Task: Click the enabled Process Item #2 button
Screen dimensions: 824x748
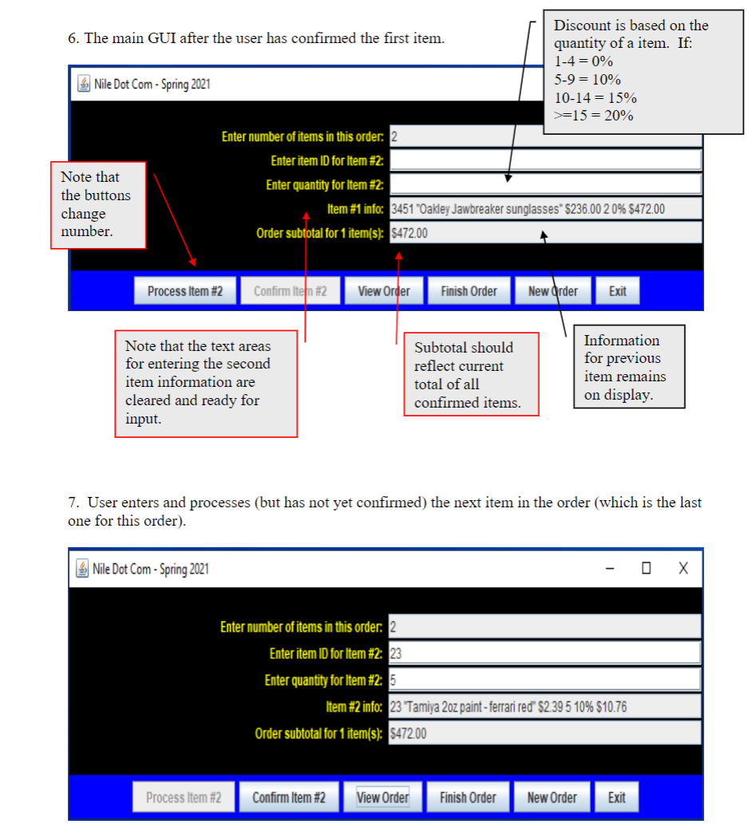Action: pos(185,291)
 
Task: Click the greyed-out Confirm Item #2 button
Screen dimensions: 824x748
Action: pos(290,291)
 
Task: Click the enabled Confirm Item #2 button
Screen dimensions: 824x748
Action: pos(289,798)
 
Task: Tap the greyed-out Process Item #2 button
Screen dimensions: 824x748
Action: pos(184,798)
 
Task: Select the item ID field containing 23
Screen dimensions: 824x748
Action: pos(544,654)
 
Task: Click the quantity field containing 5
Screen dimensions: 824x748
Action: pos(544,680)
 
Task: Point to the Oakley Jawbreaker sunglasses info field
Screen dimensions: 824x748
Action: pos(544,210)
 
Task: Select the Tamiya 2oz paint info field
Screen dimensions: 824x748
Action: pos(544,707)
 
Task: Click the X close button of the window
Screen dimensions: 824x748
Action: pos(683,568)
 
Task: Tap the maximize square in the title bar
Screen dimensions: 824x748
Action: pos(646,568)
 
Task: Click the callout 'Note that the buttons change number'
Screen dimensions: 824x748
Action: pos(98,205)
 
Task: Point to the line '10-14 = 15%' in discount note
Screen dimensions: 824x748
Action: pos(595,97)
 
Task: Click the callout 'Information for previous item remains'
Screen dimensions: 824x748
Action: pos(628,367)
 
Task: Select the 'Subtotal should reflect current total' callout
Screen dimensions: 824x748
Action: pos(471,374)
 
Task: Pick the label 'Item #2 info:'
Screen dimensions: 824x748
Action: pos(355,707)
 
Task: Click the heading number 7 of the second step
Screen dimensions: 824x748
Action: pos(73,503)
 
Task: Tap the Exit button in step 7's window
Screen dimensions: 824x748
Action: pos(616,798)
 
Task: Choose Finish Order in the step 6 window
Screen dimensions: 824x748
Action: pos(469,291)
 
